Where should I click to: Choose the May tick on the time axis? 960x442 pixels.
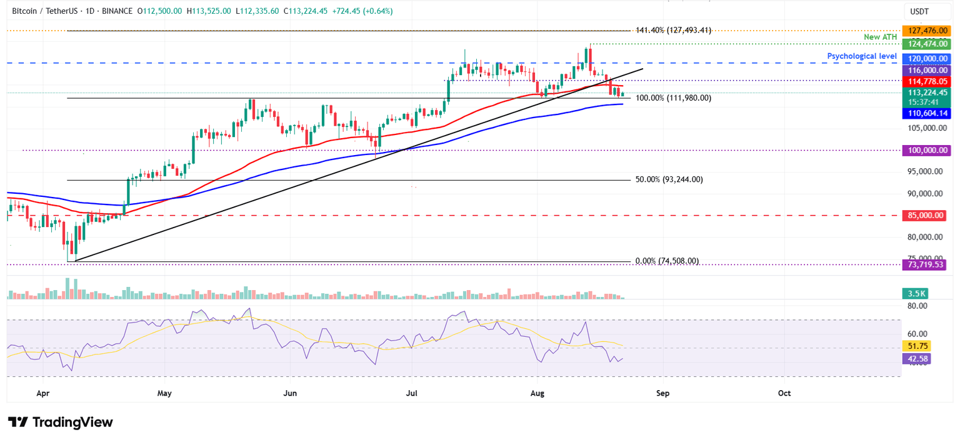point(164,393)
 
